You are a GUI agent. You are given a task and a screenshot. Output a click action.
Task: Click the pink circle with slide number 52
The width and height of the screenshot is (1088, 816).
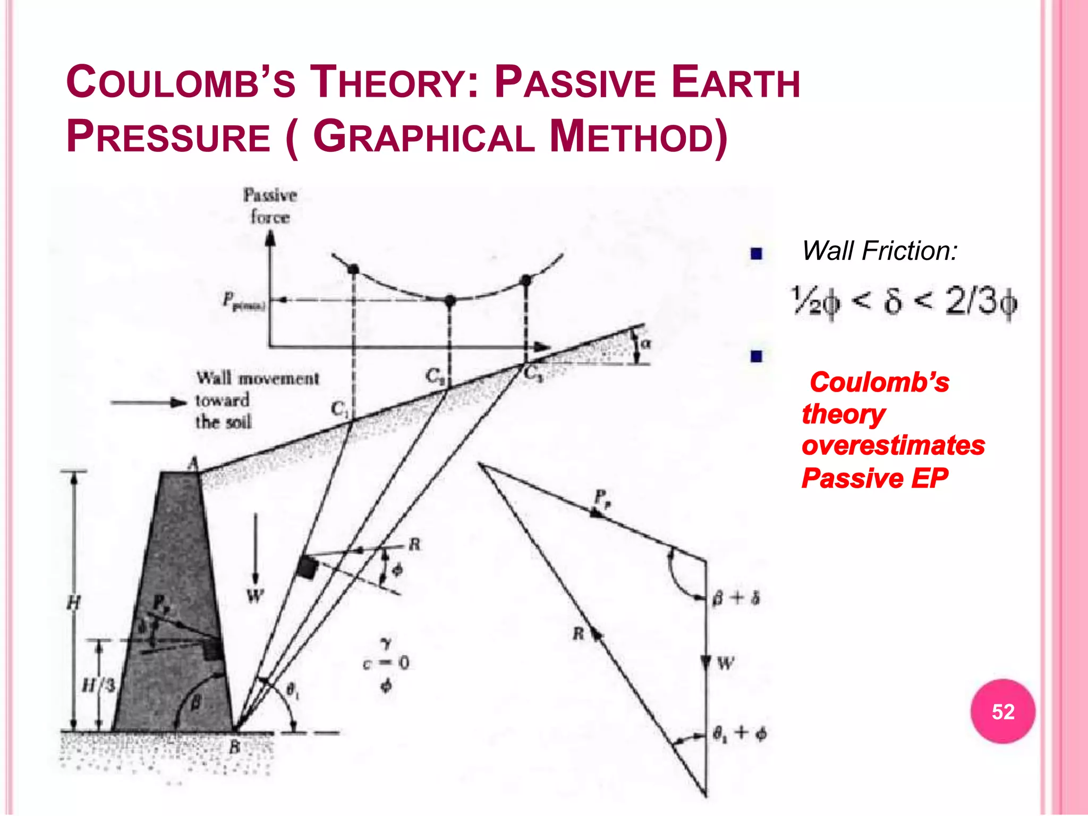tap(1002, 711)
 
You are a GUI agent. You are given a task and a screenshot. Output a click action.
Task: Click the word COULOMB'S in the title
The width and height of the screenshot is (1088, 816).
tap(181, 83)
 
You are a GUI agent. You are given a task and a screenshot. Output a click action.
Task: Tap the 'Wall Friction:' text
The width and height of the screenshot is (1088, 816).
tap(879, 251)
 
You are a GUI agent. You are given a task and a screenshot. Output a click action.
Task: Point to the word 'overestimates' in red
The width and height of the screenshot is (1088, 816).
tap(893, 445)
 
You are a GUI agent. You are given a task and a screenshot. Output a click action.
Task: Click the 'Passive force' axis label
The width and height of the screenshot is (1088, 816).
tap(270, 206)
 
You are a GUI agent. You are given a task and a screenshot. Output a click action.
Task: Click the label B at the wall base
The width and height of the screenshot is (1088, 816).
tap(234, 747)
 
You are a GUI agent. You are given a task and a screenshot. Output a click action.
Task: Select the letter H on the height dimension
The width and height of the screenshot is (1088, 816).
tap(74, 602)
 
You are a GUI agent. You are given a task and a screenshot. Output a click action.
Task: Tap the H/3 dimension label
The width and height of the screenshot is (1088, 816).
tap(99, 685)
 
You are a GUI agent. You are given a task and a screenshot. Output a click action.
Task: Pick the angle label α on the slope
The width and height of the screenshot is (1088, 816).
tap(645, 343)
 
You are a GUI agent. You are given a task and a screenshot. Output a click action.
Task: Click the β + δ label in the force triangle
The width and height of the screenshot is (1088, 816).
tap(736, 598)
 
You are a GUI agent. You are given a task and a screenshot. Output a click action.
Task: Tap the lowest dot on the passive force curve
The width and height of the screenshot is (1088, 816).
tap(450, 301)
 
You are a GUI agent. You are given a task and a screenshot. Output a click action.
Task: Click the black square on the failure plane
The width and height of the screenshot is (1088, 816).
tap(307, 568)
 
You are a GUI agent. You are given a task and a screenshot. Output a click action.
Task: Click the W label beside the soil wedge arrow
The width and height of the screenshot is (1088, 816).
tap(256, 596)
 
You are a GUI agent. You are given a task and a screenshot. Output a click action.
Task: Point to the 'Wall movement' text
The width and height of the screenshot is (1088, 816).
tap(258, 378)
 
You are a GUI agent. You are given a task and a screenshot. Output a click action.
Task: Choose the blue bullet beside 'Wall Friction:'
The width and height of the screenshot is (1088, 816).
tap(756, 253)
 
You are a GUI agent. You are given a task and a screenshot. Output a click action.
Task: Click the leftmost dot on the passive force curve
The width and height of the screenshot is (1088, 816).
tap(353, 269)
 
